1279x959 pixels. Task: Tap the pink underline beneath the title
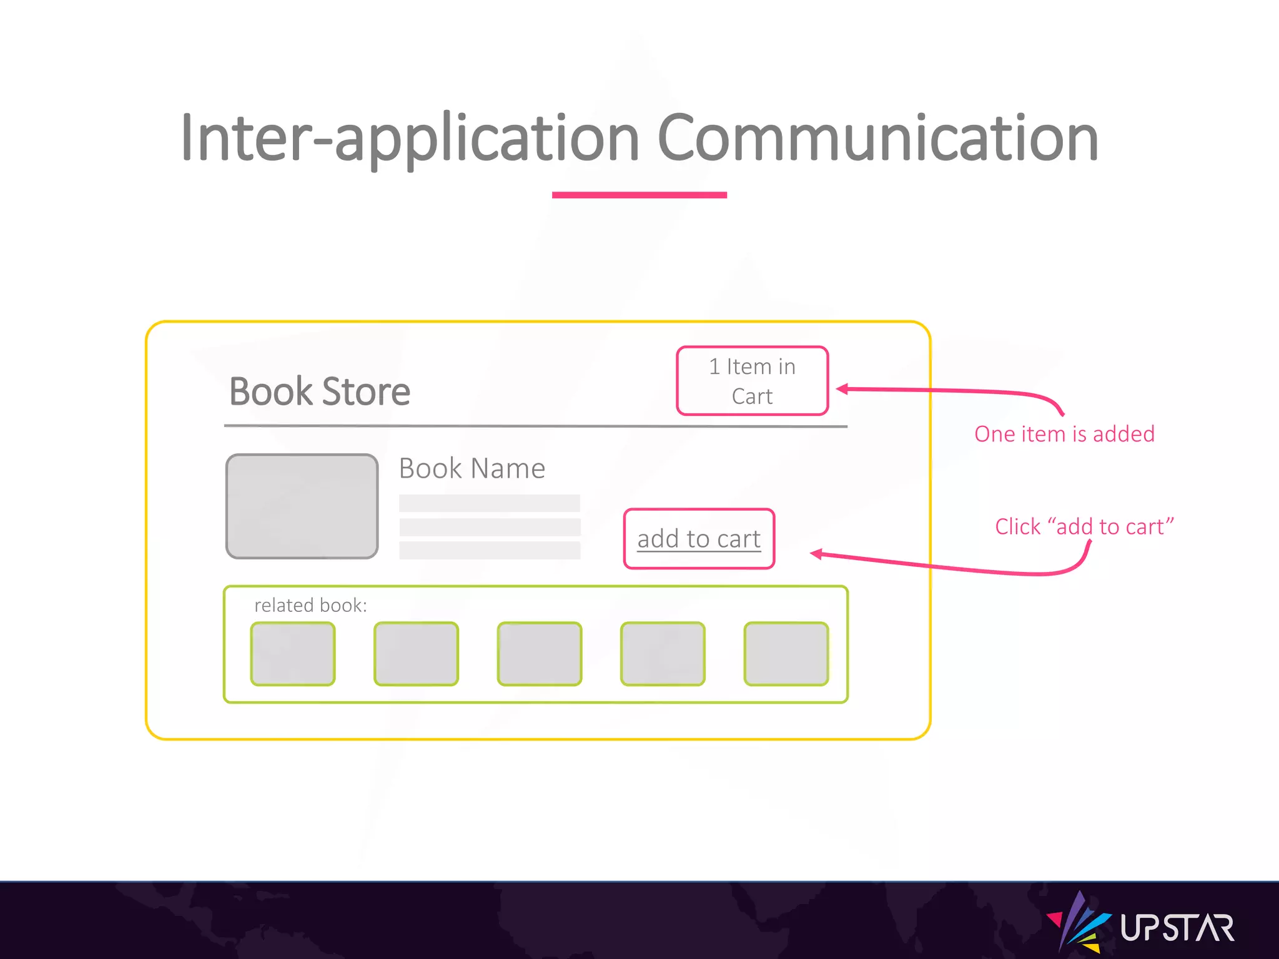coord(639,195)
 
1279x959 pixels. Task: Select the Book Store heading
coord(320,391)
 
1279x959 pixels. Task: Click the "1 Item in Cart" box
coord(752,381)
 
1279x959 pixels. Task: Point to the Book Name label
coord(472,468)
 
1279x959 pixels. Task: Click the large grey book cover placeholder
coord(302,506)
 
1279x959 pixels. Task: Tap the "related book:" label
coord(310,605)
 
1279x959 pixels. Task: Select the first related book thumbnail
coord(293,654)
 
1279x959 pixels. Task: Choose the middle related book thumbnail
coord(540,654)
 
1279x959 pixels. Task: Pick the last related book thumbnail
coord(786,654)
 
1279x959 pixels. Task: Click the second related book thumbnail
coord(416,654)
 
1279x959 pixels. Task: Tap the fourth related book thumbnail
coord(663,654)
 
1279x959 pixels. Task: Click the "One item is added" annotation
coord(1064,434)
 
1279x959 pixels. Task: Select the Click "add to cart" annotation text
coord(1084,526)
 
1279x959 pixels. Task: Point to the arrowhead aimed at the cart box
coord(842,389)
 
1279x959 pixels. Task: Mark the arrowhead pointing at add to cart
coord(816,554)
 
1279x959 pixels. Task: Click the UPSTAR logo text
coord(1177,928)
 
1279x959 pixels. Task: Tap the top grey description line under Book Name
coord(490,503)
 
